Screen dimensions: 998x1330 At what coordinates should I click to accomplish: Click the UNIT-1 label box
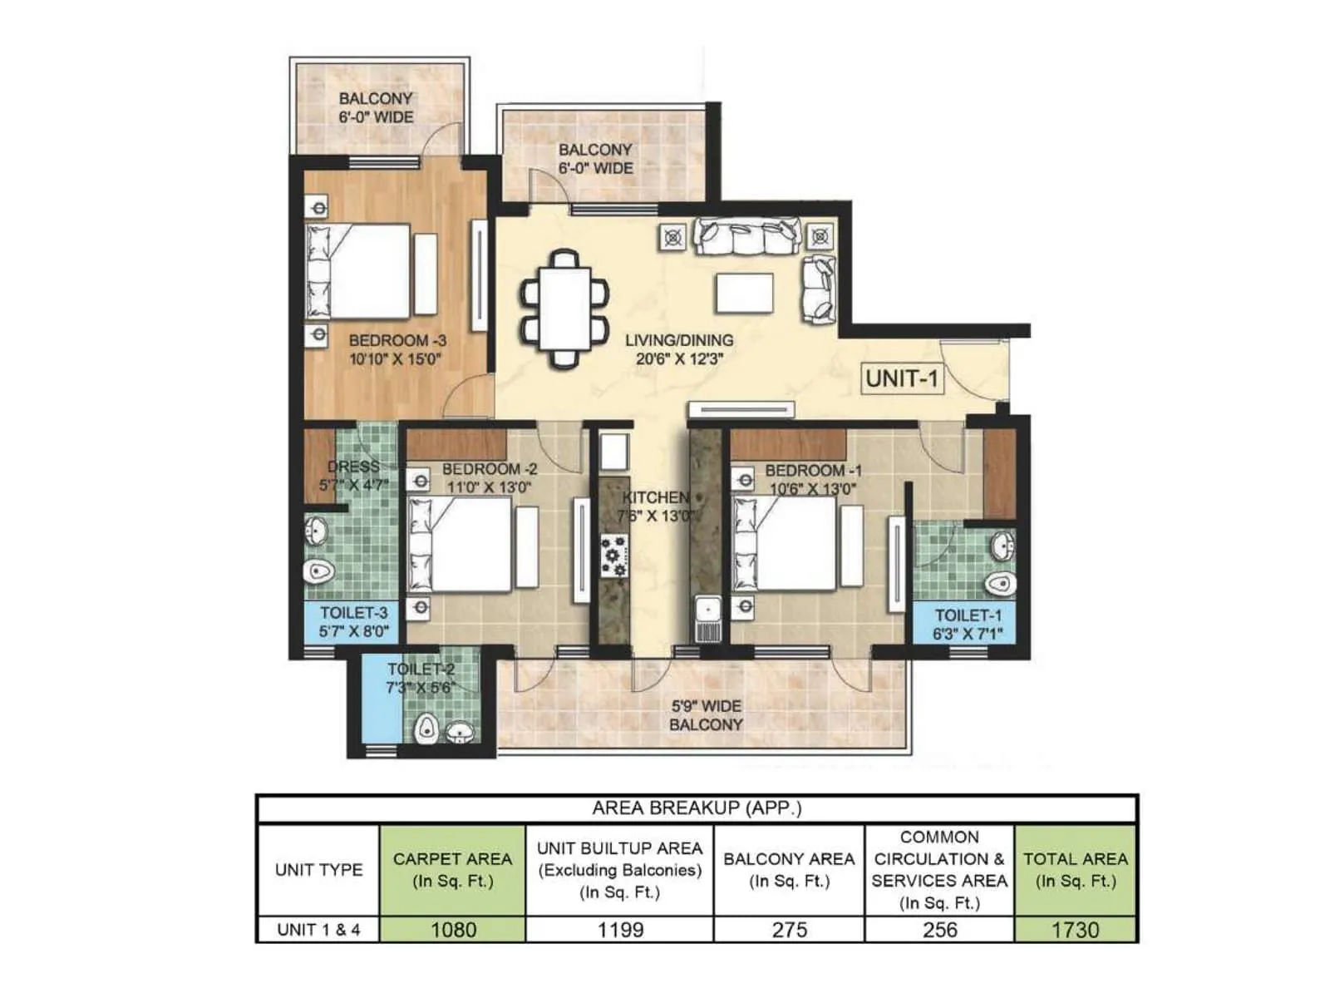pyautogui.click(x=902, y=379)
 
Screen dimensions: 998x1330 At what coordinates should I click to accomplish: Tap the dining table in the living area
pyautogui.click(x=564, y=309)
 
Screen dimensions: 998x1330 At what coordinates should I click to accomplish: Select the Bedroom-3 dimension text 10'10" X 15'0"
pyautogui.click(x=396, y=359)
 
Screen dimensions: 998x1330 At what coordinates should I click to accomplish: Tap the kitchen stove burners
pyautogui.click(x=615, y=556)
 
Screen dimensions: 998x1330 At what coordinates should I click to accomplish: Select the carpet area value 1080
pyautogui.click(x=453, y=929)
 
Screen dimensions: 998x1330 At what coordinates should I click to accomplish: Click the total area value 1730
pyautogui.click(x=1076, y=929)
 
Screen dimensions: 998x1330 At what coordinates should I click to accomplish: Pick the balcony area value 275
pyautogui.click(x=789, y=929)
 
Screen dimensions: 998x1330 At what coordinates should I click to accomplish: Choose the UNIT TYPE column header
pyautogui.click(x=318, y=870)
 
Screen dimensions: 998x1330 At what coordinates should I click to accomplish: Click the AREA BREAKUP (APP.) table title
pyautogui.click(x=697, y=808)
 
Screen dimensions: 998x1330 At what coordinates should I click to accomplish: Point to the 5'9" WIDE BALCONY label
pyautogui.click(x=706, y=715)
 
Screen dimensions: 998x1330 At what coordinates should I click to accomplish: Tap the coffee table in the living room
pyautogui.click(x=744, y=293)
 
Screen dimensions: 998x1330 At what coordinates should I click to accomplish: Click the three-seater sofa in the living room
pyautogui.click(x=747, y=235)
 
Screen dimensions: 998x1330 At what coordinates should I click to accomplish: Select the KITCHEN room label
pyautogui.click(x=656, y=497)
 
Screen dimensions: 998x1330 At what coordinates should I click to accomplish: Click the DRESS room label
pyautogui.click(x=353, y=467)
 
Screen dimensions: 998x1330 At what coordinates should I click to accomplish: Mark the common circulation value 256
pyautogui.click(x=939, y=929)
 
